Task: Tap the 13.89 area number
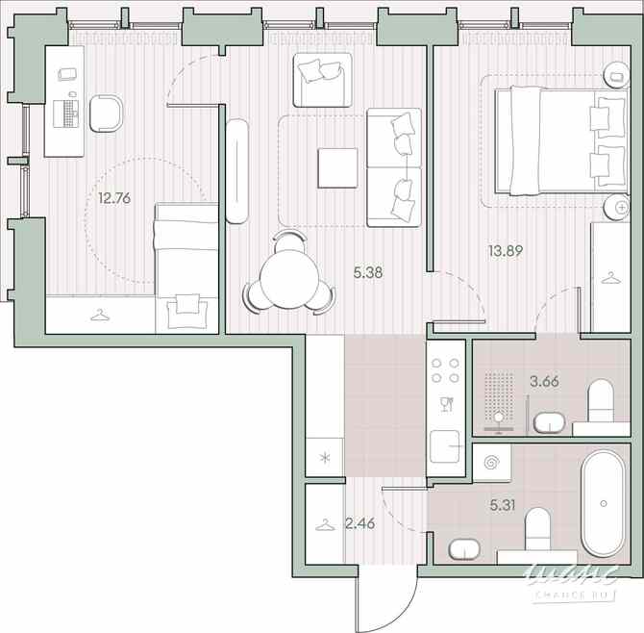(507, 251)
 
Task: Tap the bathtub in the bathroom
(604, 503)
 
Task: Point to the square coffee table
(337, 168)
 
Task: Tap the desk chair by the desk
(107, 113)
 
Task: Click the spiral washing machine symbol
(493, 462)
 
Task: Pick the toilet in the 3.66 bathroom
(601, 400)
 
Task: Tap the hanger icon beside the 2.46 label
(324, 524)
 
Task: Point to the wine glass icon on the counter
(445, 403)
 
